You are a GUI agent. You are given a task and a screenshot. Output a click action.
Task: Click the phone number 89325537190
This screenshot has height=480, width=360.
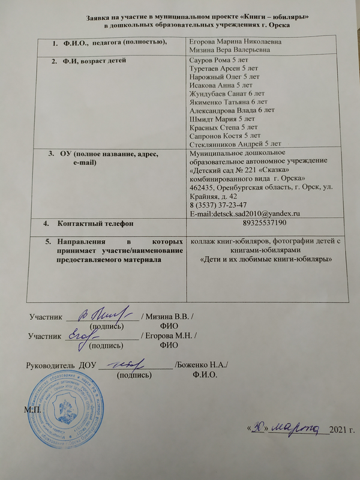coord(267,224)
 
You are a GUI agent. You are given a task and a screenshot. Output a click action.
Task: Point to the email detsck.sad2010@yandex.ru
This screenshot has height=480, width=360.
coord(245,214)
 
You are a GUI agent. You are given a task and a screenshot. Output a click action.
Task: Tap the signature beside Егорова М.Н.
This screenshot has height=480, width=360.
coord(83,335)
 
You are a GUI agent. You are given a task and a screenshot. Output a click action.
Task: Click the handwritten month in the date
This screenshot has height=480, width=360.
coord(295,428)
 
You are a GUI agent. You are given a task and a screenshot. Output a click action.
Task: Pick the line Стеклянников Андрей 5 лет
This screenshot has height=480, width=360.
coord(235,144)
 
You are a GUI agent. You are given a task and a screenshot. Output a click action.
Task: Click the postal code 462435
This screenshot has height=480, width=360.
coord(203,188)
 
